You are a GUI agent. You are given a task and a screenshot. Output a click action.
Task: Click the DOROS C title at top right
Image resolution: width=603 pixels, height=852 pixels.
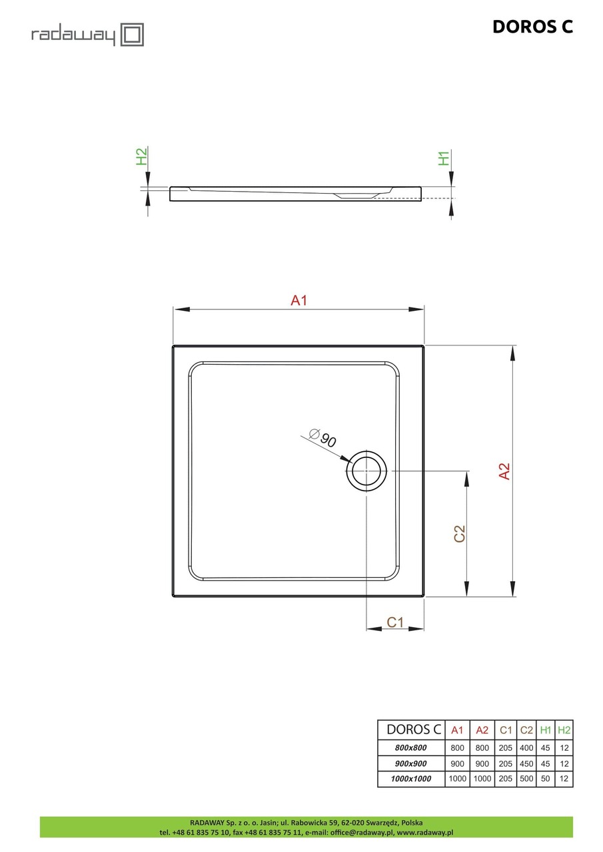click(x=532, y=27)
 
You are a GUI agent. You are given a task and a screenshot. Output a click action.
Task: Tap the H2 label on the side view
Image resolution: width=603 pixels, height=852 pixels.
click(x=142, y=156)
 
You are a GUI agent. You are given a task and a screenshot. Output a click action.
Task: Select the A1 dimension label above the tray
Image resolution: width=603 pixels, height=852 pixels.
click(x=299, y=301)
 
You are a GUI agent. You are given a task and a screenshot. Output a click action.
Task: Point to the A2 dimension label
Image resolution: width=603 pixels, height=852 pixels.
click(x=504, y=471)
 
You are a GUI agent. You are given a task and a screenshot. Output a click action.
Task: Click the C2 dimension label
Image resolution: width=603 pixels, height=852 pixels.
click(x=459, y=534)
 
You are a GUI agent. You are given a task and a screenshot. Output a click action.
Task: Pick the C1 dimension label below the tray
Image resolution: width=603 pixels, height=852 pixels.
click(x=395, y=622)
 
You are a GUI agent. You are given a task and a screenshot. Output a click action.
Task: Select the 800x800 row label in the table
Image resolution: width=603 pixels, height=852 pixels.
click(x=410, y=747)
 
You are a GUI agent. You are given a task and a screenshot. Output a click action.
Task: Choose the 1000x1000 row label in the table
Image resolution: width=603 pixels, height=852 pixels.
click(x=410, y=778)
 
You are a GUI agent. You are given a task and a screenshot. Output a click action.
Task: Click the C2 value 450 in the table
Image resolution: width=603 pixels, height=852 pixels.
click(x=526, y=763)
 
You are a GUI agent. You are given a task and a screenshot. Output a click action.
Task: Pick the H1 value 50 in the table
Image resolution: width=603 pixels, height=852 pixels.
click(x=546, y=778)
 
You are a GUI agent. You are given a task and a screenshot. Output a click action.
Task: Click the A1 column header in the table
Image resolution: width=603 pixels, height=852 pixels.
click(x=457, y=730)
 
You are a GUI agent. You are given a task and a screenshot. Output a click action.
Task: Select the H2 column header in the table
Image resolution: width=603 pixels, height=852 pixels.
click(x=564, y=730)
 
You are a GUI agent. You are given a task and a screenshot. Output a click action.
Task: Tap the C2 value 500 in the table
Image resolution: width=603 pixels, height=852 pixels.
click(x=526, y=778)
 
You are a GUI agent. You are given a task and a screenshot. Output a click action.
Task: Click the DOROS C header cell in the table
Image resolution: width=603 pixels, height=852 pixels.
click(x=410, y=730)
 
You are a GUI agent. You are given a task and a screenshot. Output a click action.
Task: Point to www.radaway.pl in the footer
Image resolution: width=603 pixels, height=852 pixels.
click(x=425, y=832)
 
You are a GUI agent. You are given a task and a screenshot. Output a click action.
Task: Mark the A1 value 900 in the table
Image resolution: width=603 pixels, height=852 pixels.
click(x=457, y=763)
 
